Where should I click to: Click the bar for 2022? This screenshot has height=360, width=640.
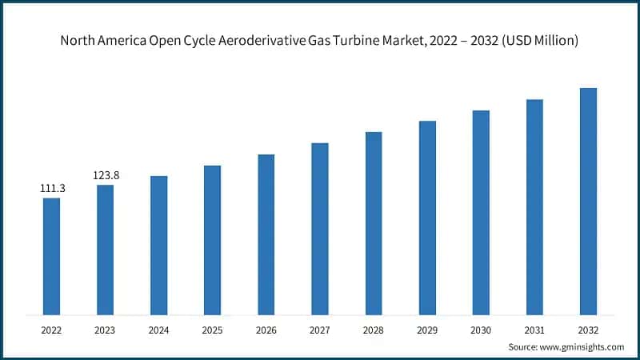click(x=51, y=256)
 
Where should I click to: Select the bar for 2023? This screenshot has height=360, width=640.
click(x=105, y=250)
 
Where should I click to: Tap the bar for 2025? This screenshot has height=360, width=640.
click(x=212, y=240)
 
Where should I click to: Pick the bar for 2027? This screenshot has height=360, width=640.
click(x=319, y=229)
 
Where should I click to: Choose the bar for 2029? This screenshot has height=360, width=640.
click(x=427, y=218)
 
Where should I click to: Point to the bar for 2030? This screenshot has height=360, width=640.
click(x=481, y=212)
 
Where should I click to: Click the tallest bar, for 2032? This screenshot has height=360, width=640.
click(x=588, y=201)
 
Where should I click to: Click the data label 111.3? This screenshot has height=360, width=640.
click(x=51, y=188)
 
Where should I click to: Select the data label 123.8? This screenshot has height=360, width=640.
click(x=105, y=175)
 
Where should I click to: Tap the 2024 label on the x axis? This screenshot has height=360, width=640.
click(x=158, y=328)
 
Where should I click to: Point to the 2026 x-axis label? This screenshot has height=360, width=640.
click(x=266, y=328)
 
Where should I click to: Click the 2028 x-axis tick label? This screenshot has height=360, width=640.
click(x=374, y=328)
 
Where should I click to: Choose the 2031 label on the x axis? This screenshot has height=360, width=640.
click(x=534, y=328)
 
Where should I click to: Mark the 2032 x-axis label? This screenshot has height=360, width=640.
click(x=588, y=328)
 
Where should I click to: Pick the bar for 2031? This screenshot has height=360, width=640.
click(x=534, y=206)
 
